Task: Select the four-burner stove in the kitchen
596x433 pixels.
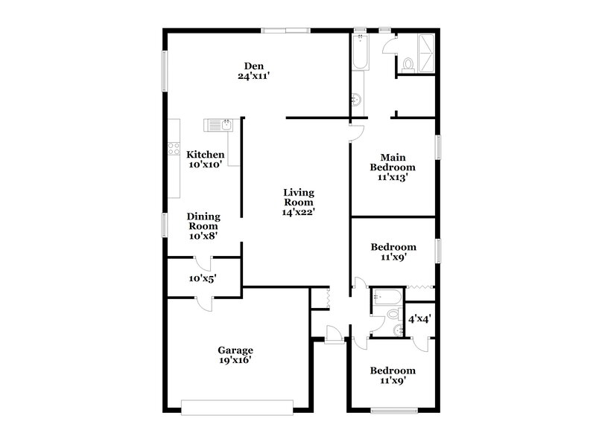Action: point(173,148)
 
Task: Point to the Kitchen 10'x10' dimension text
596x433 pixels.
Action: point(205,165)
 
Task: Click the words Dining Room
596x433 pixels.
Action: point(203,221)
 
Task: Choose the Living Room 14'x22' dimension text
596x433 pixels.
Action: point(298,212)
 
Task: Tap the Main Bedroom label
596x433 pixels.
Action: point(393,162)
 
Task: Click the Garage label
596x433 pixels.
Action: point(235,350)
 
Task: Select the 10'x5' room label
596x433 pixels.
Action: point(203,279)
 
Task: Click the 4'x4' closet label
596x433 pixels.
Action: point(420,318)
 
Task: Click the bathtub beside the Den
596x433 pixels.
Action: point(360,52)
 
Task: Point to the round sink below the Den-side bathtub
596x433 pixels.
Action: point(356,99)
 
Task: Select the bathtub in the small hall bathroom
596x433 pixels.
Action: point(387,295)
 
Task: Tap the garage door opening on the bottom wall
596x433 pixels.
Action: point(238,405)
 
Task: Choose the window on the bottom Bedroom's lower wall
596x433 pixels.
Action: point(393,409)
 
